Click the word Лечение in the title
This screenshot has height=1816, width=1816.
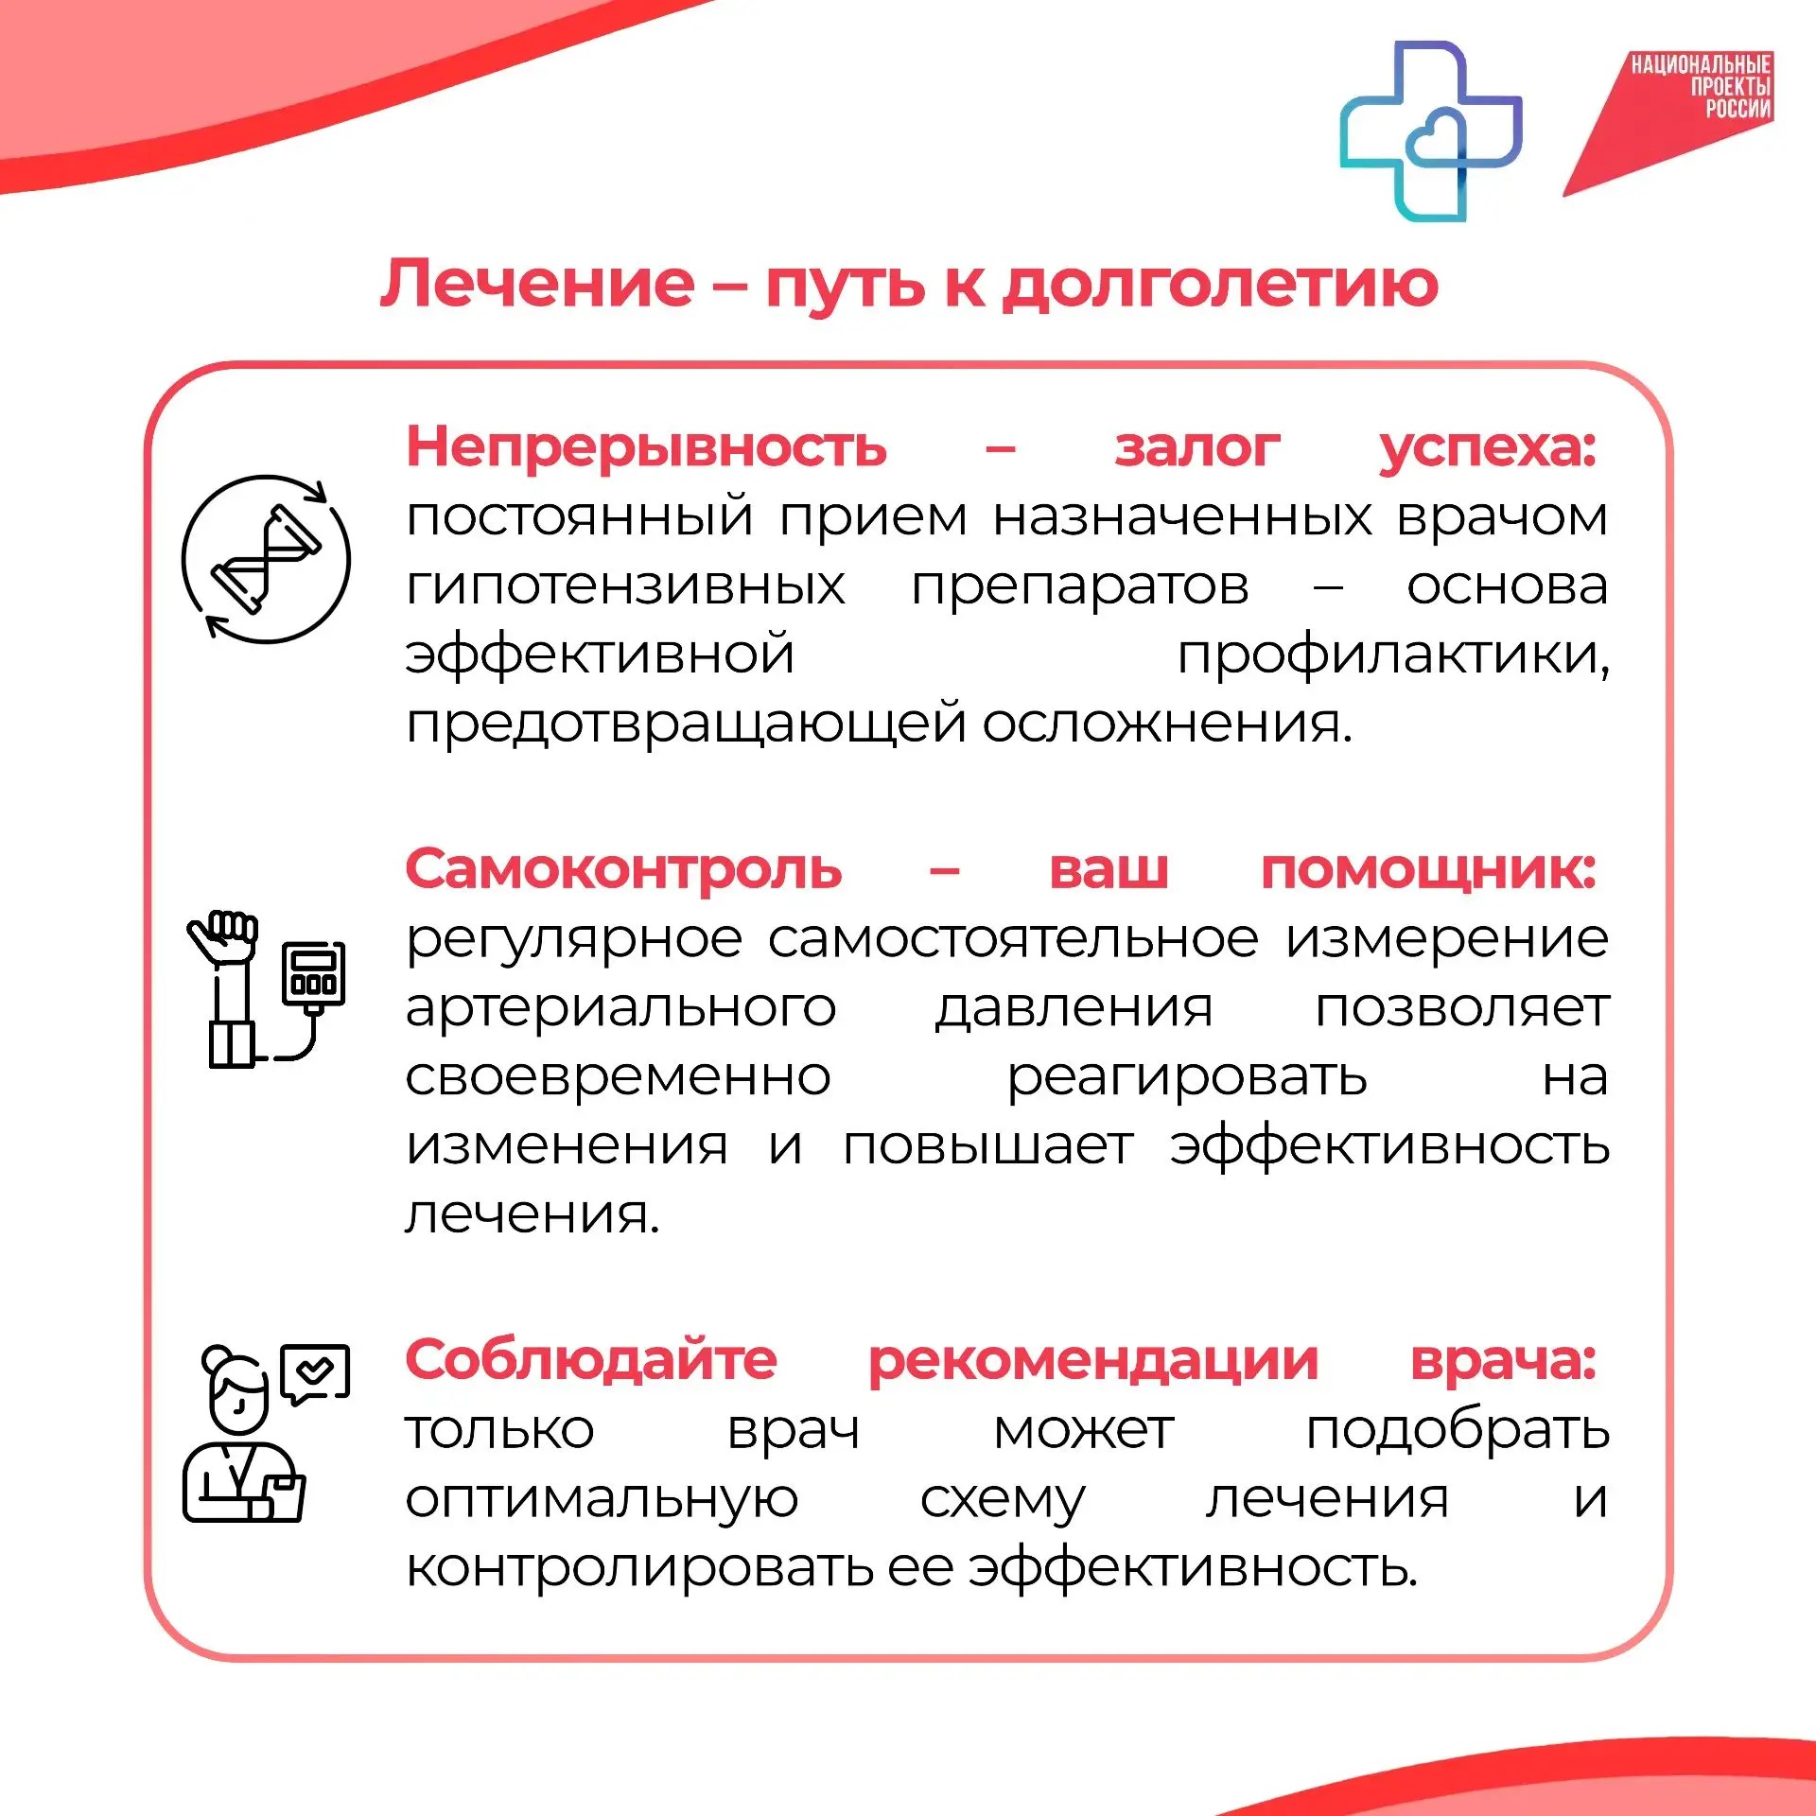(537, 283)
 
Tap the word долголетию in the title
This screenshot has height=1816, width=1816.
(1220, 285)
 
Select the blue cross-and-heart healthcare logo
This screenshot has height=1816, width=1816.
(1431, 131)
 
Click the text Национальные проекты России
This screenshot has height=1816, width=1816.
(1701, 86)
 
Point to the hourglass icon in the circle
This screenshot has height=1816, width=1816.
(267, 559)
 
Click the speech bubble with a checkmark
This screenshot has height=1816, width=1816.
(315, 1373)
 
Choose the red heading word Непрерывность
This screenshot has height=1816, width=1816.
(646, 446)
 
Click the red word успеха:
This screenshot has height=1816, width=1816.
(1488, 447)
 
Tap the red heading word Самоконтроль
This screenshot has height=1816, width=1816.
(623, 868)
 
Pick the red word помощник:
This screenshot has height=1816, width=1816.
(1429, 870)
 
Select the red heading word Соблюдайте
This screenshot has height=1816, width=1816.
(591, 1359)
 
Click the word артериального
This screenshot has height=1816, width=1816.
(620, 1008)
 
